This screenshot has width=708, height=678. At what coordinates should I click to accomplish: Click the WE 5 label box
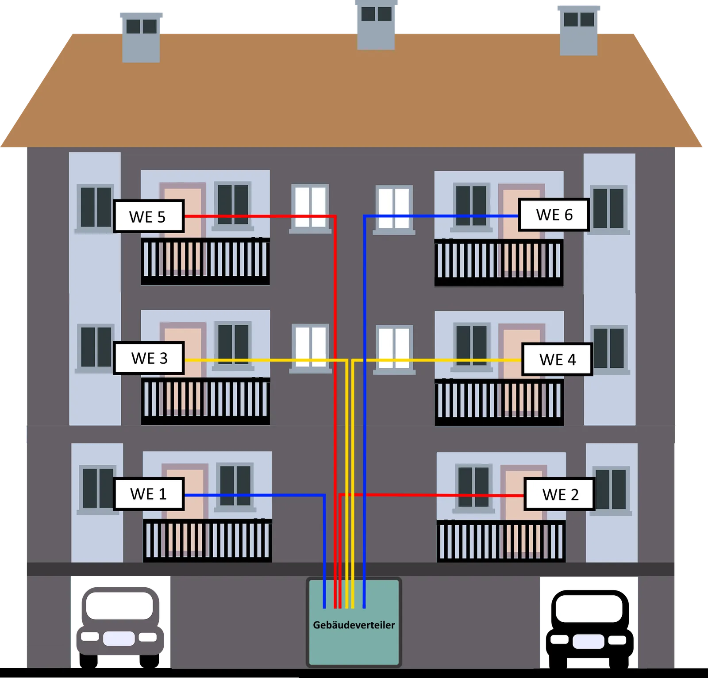[x=148, y=216]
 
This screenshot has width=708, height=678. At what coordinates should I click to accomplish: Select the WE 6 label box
[x=554, y=215]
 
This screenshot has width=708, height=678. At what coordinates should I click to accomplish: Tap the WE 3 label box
[x=149, y=358]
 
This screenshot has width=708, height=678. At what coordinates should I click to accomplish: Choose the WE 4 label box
[x=557, y=359]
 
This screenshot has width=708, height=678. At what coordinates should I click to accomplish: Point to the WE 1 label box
[x=148, y=494]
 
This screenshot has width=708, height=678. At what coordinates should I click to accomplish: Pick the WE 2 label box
[x=560, y=494]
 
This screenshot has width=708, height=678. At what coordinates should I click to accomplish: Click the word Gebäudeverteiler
[x=354, y=625]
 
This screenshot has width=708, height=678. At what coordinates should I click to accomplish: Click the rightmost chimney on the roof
[x=579, y=30]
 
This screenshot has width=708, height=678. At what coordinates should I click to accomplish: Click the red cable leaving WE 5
[x=257, y=216]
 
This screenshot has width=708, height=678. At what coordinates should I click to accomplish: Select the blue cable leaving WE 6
[x=442, y=216]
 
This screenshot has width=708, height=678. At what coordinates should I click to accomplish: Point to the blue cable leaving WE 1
[x=252, y=495]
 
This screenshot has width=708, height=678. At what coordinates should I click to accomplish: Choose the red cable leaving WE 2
[x=442, y=495]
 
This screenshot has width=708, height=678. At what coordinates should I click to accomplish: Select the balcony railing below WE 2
[x=501, y=541]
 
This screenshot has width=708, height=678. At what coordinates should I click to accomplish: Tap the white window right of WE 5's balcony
[x=310, y=208]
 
